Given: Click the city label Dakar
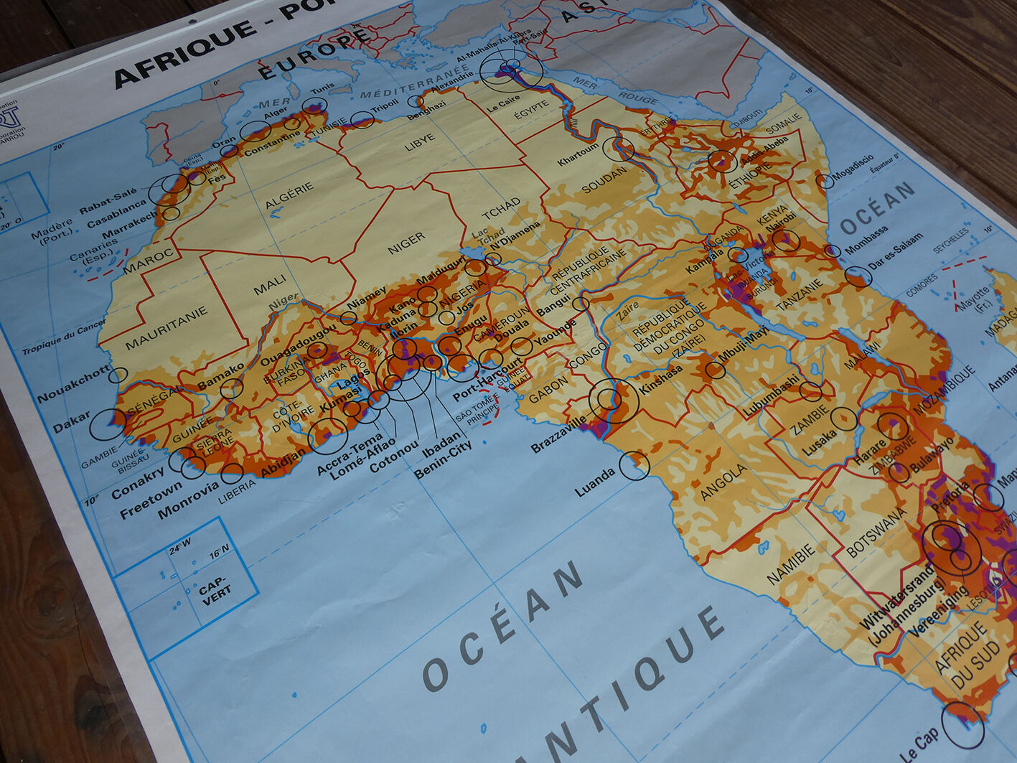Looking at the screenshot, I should click(72, 423).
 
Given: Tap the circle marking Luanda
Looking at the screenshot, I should click(634, 466).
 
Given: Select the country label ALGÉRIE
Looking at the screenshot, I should click(289, 195).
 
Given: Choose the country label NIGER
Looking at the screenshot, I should click(406, 243).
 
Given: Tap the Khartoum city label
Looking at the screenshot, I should click(578, 154).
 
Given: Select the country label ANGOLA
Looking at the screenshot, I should click(723, 482).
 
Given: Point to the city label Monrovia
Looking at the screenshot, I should click(187, 500).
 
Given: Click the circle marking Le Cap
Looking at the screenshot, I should click(963, 725).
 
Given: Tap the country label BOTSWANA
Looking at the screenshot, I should click(877, 533).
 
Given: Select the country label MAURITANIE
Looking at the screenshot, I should click(166, 328).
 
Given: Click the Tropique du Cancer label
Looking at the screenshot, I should click(63, 337).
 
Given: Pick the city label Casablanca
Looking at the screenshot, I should click(116, 215).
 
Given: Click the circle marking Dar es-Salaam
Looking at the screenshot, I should click(857, 277).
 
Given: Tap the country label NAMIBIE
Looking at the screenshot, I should click(792, 564).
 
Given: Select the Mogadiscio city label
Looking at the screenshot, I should click(853, 167).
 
